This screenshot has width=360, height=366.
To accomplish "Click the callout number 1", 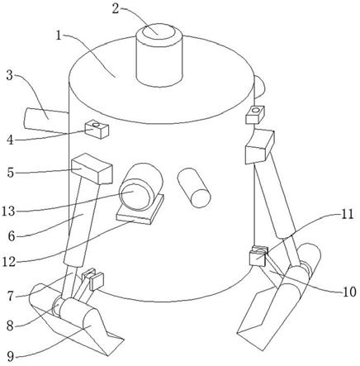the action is tap(59, 36).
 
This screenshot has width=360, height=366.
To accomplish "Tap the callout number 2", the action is tap(116, 9).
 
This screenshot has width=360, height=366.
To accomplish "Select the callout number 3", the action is tap(10, 74).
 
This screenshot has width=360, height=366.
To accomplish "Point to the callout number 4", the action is tap(10, 140).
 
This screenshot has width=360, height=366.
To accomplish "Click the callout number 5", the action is tap(10, 173).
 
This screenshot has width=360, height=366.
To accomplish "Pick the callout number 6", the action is tap(11, 236).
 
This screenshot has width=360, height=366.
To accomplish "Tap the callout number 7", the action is tap(10, 297).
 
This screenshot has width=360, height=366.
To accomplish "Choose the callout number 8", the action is tap(10, 326).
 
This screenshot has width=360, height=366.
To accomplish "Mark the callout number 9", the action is tap(10, 357).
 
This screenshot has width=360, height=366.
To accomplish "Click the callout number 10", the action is tap(349, 292).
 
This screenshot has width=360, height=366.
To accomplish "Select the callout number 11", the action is tap(346, 214).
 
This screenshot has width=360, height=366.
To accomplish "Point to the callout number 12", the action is tap(9, 262).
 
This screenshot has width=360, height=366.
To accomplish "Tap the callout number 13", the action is tap(9, 212).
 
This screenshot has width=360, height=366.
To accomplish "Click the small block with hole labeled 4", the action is tap(97, 130).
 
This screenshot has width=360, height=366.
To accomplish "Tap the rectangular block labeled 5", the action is tap(92, 169).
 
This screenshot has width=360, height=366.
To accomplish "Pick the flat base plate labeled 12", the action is tap(140, 210).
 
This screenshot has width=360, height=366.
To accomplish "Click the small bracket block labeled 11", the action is tap(258, 256).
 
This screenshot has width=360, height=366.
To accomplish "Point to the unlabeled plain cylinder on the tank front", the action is tap(194, 188).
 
